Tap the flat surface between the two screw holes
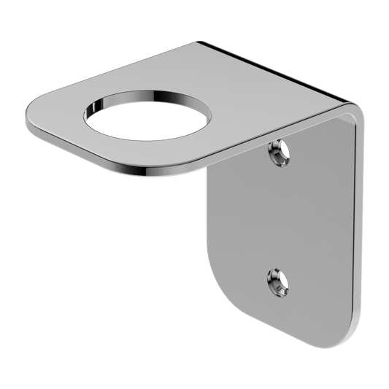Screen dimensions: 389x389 pyautogui.click(x=281, y=215)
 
